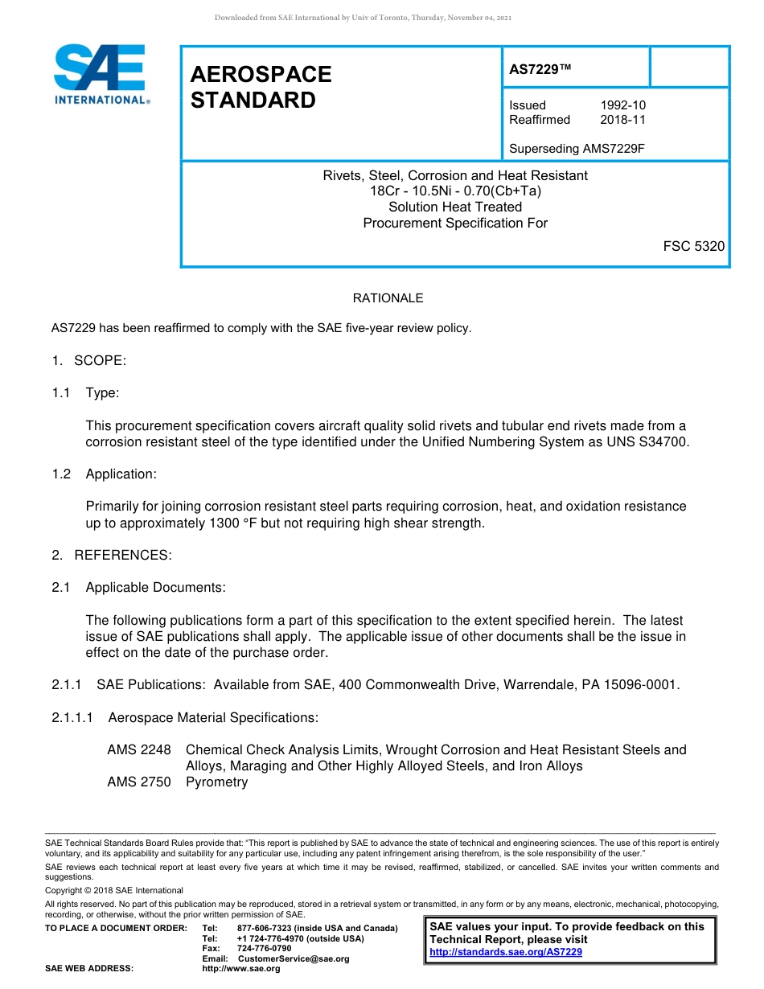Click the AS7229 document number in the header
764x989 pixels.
coord(540,69)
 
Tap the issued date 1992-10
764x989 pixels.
coord(622,105)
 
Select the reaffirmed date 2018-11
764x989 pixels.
coord(622,120)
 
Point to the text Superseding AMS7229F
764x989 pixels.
coord(577,149)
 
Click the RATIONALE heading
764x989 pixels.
coord(388,298)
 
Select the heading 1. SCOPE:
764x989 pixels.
coord(88,360)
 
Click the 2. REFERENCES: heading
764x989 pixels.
coord(112,555)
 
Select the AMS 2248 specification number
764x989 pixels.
coord(139,749)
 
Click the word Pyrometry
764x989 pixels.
coord(216,782)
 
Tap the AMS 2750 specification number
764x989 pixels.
coord(139,782)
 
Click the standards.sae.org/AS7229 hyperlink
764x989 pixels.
coord(506,952)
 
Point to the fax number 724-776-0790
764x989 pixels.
coord(264,949)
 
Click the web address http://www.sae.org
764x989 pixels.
coord(240,968)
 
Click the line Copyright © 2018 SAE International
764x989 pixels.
coord(114,890)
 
